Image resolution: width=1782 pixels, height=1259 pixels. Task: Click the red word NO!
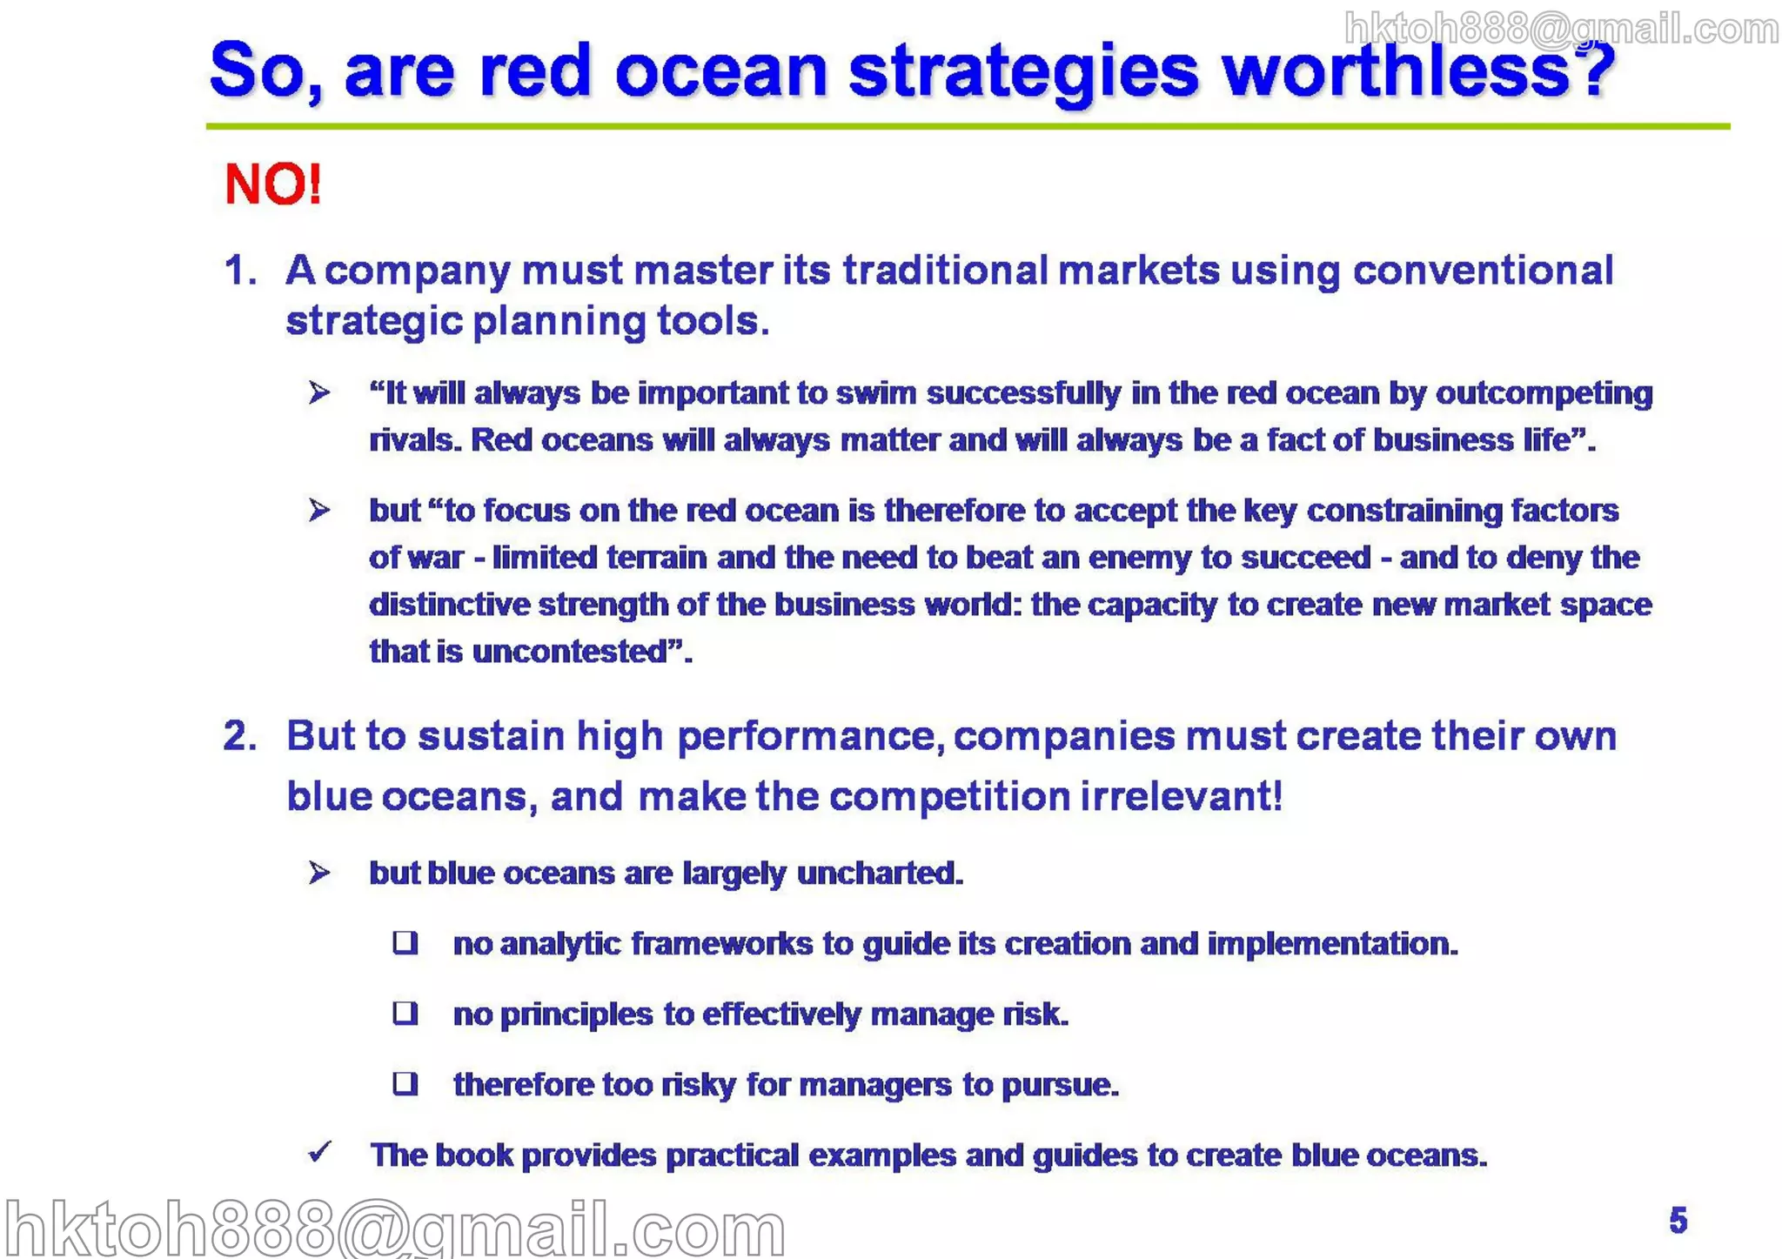coord(272,184)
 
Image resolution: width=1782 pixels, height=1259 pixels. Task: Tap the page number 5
coord(1678,1220)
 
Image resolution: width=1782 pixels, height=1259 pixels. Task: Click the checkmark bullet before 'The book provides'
coord(320,1152)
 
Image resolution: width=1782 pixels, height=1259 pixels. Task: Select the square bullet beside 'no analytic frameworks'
coord(405,942)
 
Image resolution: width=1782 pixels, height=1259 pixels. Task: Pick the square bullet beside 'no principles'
coord(405,1013)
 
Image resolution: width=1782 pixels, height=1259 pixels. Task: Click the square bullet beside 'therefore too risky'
coord(405,1083)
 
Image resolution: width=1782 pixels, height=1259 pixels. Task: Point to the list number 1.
coord(240,271)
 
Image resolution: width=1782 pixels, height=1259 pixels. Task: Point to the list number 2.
coord(240,736)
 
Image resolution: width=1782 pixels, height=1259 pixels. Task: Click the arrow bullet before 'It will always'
coord(319,392)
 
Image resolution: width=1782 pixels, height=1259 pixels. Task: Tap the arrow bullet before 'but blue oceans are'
coord(319,872)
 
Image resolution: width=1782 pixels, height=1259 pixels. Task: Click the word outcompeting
coord(1544,394)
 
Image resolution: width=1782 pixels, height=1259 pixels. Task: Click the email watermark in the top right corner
coord(1561,30)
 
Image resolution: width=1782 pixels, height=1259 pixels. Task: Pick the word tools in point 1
coord(712,321)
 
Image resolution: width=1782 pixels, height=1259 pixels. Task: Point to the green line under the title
coord(966,126)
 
